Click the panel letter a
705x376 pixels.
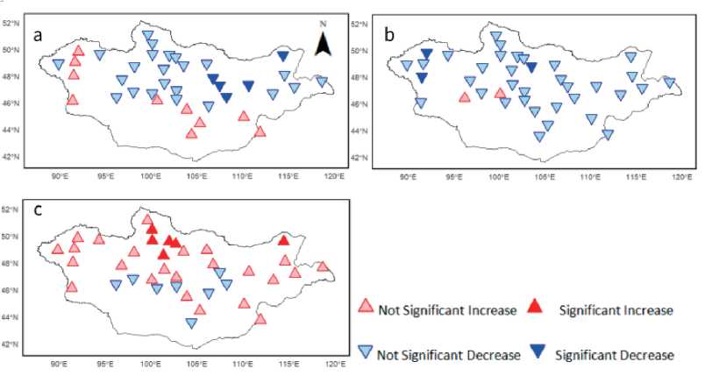[x=38, y=36]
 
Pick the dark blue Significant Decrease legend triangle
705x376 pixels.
[x=538, y=352]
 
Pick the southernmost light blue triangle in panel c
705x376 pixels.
[x=191, y=323]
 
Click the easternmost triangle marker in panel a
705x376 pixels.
[x=322, y=82]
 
